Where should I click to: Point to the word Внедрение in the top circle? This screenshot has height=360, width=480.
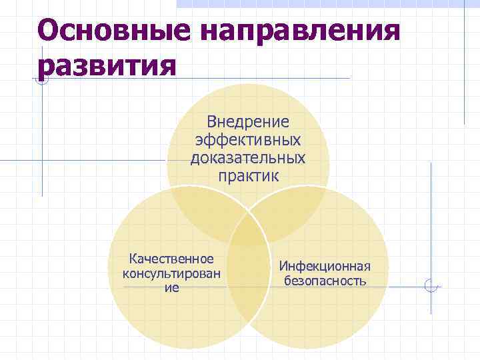click(248, 122)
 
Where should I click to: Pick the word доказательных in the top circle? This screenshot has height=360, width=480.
click(248, 158)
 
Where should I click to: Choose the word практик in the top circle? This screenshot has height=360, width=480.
click(248, 176)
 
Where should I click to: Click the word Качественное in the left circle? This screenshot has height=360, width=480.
click(172, 259)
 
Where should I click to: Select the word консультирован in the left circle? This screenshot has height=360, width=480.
click(172, 273)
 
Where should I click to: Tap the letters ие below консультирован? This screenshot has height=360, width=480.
click(172, 288)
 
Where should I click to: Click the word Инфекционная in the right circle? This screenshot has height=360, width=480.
click(325, 266)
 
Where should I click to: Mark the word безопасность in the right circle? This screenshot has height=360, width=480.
click(325, 281)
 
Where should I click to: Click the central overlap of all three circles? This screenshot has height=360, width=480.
click(248, 230)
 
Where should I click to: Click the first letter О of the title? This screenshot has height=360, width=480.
click(51, 31)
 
